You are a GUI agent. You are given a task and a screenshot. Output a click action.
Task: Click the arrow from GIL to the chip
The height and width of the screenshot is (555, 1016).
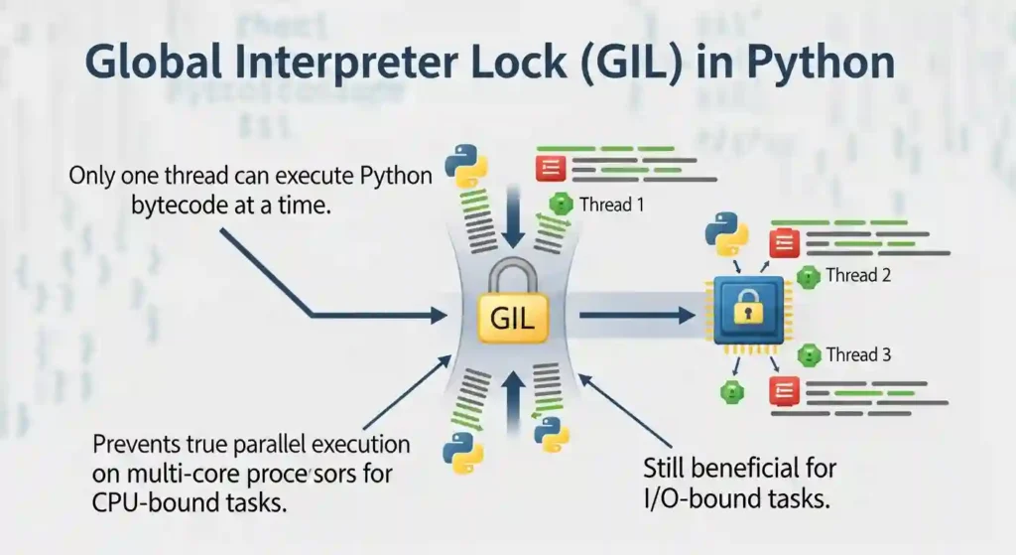tap(635, 316)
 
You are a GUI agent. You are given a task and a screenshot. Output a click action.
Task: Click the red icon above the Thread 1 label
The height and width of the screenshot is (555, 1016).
tap(551, 166)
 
